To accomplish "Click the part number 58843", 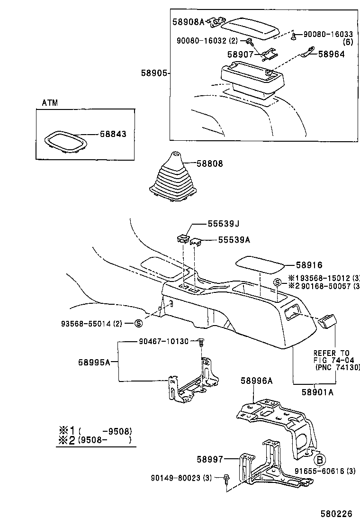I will coord(113,134).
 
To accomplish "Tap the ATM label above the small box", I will coord(50,103).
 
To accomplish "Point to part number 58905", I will coord(154,73).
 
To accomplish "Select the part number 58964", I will coord(331,54).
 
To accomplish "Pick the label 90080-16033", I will coord(328,34).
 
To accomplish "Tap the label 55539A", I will coord(233,240).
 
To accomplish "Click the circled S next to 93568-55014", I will coord(138,324).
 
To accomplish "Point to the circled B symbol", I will coord(320,459).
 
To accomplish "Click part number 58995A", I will coord(94,362).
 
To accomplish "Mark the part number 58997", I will coord(209,459).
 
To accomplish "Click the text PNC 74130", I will coord(338,367).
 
